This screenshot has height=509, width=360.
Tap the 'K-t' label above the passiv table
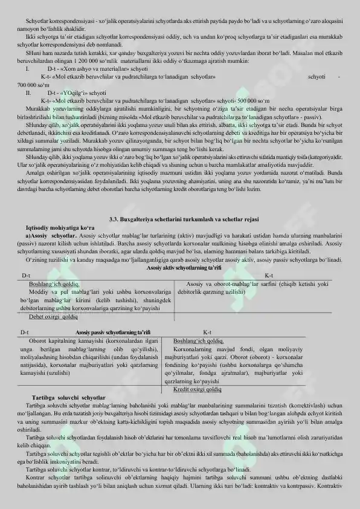pos(207,332)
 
